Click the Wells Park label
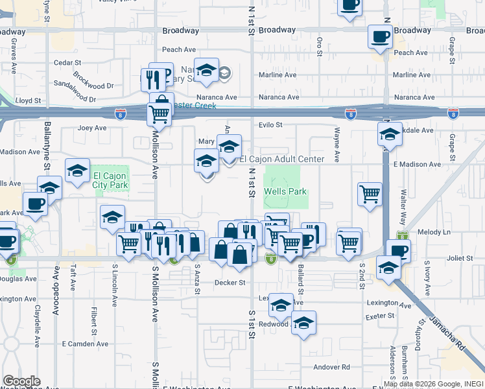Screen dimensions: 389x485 coord(285,192)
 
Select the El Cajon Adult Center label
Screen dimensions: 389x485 coord(281,159)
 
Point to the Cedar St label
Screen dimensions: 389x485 coord(66,62)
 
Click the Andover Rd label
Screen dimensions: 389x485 coord(331,367)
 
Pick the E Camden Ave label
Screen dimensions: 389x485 coord(84,343)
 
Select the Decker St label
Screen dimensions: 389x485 coord(230,283)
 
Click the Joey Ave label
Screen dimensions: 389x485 coord(91,128)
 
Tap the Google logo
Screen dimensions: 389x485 coord(21,381)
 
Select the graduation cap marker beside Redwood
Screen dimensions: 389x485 coord(303,323)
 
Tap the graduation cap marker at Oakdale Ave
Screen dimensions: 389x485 coord(390,135)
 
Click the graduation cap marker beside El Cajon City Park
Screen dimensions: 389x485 coord(77,171)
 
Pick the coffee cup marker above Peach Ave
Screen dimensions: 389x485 coord(380,36)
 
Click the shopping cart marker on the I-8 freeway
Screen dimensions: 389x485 coord(159,115)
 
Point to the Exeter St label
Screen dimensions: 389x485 coord(380,316)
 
